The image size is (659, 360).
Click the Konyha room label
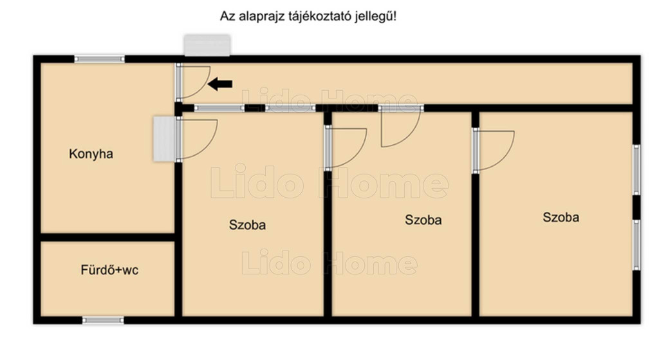[x=91, y=154]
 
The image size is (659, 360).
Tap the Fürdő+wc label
[x=109, y=270]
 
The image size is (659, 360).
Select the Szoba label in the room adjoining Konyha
[x=247, y=225]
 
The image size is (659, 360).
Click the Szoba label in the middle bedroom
[x=423, y=220]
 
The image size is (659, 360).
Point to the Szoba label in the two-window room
[x=561, y=217]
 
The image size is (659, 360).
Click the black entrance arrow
[x=220, y=84]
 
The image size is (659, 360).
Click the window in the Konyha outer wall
[x=100, y=59]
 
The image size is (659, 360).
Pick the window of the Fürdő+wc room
[x=103, y=320]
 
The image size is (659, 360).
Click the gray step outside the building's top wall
[x=207, y=46]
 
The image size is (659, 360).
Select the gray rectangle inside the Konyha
[x=164, y=139]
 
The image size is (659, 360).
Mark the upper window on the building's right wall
[x=636, y=170]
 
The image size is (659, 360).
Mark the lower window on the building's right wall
[x=636, y=245]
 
